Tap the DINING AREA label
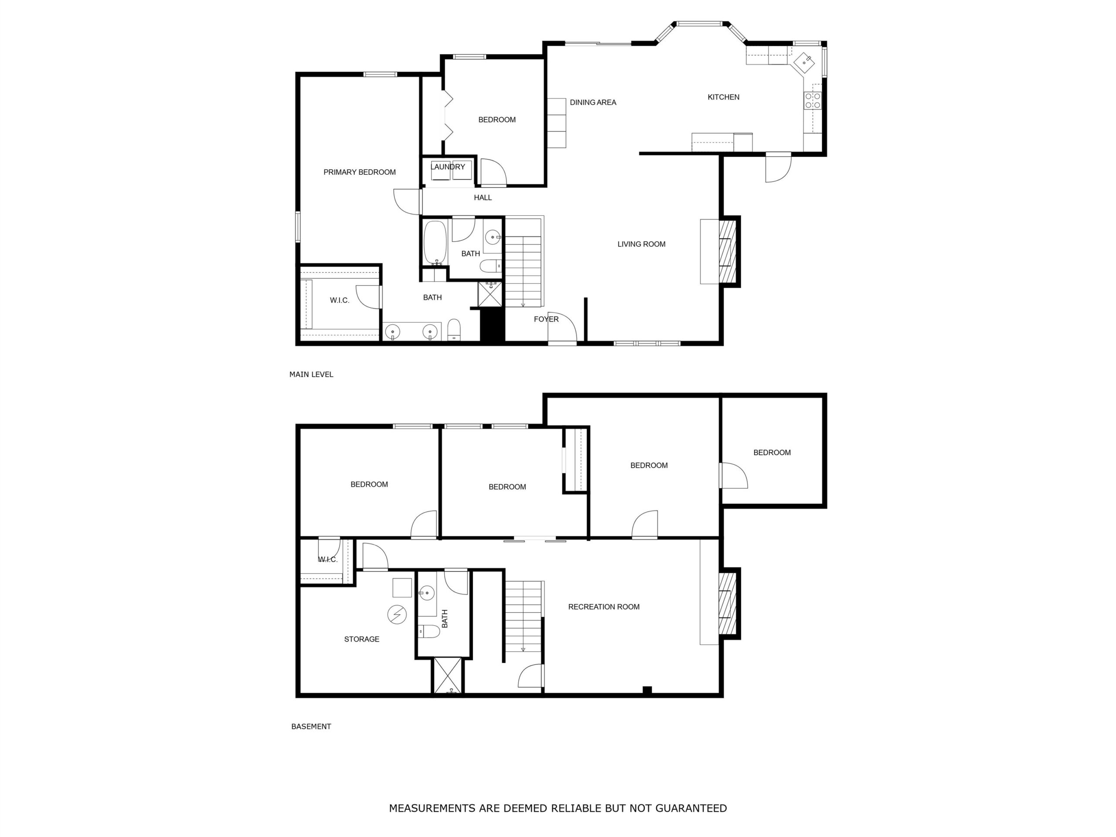(x=593, y=102)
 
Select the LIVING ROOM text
(x=641, y=244)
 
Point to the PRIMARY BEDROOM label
(x=359, y=172)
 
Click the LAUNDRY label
(x=448, y=167)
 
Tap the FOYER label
(x=546, y=319)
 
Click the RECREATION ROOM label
(x=603, y=607)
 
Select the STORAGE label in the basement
(x=361, y=639)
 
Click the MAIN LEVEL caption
(x=311, y=374)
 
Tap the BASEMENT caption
(x=311, y=727)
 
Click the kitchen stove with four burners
(x=812, y=100)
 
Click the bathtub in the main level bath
(x=435, y=243)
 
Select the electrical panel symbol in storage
(x=397, y=615)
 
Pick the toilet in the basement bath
(x=429, y=631)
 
